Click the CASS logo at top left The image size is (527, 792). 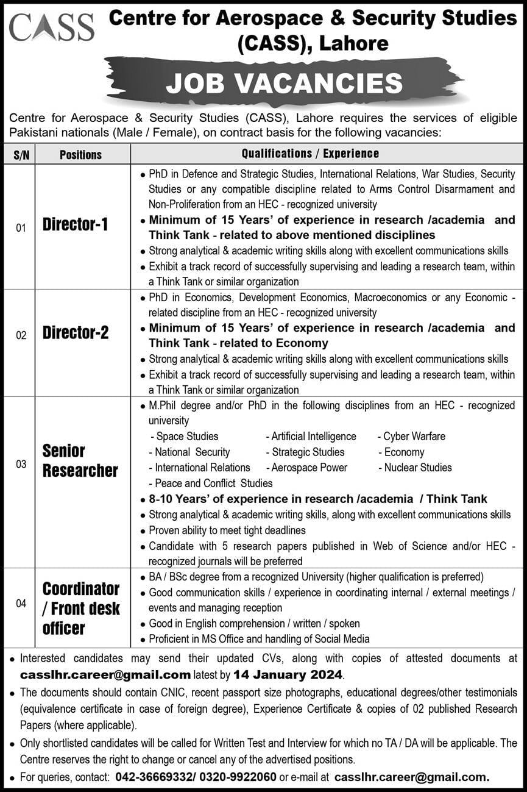[x=52, y=27]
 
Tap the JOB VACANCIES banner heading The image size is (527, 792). [x=284, y=83]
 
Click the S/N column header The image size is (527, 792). [x=19, y=154]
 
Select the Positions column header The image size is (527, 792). [x=81, y=154]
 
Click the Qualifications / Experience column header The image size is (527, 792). [x=310, y=154]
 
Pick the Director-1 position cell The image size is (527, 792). [x=76, y=225]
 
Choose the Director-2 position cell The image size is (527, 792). [x=76, y=333]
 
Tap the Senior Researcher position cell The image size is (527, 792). [x=80, y=461]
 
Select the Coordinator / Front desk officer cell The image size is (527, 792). [x=81, y=608]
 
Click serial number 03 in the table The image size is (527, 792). [x=21, y=465]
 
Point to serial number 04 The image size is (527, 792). [x=21, y=604]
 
